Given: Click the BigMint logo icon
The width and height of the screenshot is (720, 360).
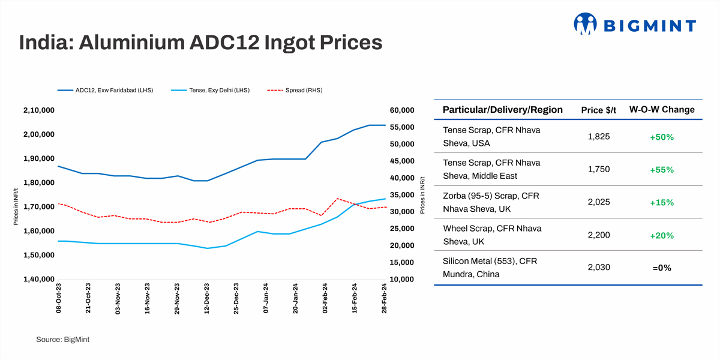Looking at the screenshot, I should point(586,24).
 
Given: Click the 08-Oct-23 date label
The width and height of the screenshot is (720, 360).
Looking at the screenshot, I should point(59,299).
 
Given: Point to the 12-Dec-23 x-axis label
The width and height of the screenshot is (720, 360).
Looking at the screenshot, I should point(207,299).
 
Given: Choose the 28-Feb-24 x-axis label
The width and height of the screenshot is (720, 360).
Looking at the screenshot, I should point(385,299).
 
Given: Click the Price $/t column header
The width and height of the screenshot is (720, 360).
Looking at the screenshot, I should point(599,110).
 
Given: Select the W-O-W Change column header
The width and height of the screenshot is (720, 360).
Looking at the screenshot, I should point(662,110).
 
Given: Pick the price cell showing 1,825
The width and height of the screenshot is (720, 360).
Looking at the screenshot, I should point(599,137).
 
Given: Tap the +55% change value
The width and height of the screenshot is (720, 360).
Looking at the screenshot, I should point(662,170).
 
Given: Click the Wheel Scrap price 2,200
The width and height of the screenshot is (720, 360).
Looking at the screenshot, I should point(599,235).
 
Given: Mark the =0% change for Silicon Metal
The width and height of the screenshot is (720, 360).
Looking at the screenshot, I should point(662,268).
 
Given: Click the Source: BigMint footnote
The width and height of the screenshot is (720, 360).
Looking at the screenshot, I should point(62,340).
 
